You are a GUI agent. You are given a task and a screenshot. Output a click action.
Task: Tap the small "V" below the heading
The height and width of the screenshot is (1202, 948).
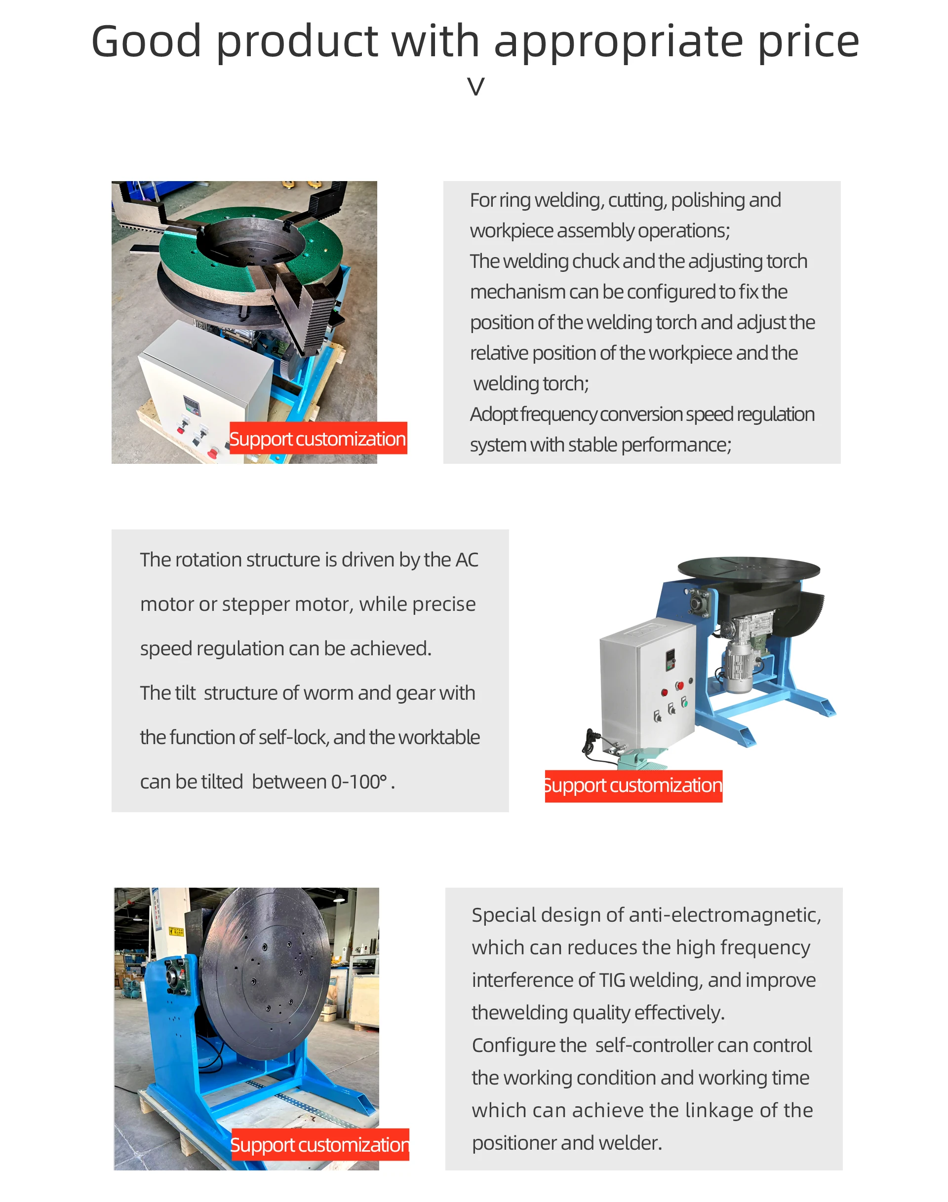pyautogui.click(x=475, y=86)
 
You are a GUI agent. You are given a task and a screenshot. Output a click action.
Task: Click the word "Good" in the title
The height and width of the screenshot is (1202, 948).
pyautogui.click(x=147, y=41)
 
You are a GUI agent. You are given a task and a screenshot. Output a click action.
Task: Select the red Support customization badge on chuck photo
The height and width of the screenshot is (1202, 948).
pyautogui.click(x=318, y=438)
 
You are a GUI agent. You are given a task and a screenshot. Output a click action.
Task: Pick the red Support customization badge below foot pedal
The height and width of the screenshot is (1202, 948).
pyautogui.click(x=633, y=786)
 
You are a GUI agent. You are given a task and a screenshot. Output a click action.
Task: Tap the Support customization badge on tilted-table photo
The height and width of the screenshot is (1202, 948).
pyautogui.click(x=319, y=1144)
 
